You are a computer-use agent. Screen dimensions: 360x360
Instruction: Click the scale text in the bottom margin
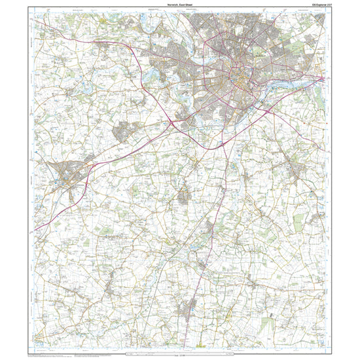pyautogui.click(x=179, y=354)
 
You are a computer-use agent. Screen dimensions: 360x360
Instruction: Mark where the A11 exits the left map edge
pyautogui.click(x=36, y=229)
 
